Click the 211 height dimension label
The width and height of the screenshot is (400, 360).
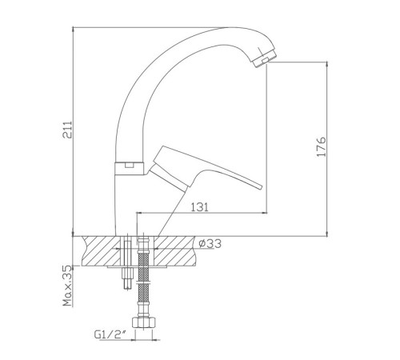pos(67,130)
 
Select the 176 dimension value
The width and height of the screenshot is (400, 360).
pos(321,147)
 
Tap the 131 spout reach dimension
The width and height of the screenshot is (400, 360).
pos(199,207)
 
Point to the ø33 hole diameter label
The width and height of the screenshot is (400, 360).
pos(210,243)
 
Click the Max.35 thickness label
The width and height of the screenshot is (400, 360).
pos(67,286)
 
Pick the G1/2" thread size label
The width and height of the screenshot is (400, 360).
pos(110,334)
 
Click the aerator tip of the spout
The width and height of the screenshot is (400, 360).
pos(265,58)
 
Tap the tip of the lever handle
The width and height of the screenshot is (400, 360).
pos(260,186)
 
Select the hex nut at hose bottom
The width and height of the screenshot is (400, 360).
pos(144,322)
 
